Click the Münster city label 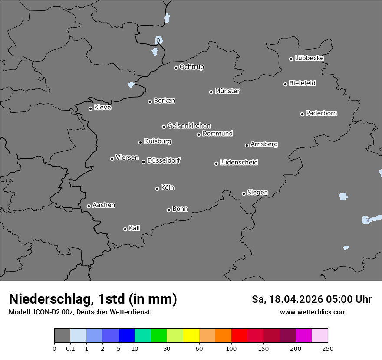[x=227, y=91]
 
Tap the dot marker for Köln [x=157, y=189]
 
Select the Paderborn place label [x=322, y=113]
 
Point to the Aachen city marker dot [x=89, y=206]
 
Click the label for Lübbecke [x=309, y=58]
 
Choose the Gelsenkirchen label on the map [x=189, y=126]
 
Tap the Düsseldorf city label [x=164, y=160]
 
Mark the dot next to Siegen [x=244, y=193]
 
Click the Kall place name [x=135, y=228]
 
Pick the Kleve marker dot [x=90, y=108]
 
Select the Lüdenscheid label [x=239, y=163]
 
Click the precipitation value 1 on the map [x=368, y=220]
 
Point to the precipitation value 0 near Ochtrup [x=158, y=40]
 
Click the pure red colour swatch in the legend [x=239, y=336]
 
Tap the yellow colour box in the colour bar [x=191, y=336]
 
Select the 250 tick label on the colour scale [x=328, y=348]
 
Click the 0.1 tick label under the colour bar [x=70, y=348]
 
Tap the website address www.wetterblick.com [x=313, y=312]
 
